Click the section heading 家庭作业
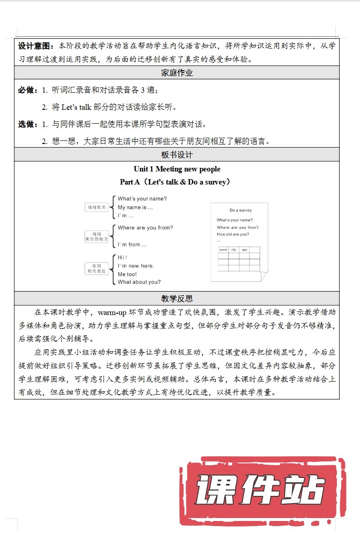pos(177,72)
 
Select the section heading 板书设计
pos(177,154)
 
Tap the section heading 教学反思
pos(177,298)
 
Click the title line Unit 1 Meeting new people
pos(177,169)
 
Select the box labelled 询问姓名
pos(97,207)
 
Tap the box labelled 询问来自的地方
pos(97,237)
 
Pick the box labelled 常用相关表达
pos(97,269)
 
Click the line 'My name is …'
pos(135,207)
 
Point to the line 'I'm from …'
pos(132,245)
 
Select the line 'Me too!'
pos(127,274)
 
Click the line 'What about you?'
pos(139,282)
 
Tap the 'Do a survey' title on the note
pos(241,210)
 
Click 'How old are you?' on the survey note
pos(233,234)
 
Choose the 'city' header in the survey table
pos(234,249)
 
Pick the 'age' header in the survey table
pos(244,249)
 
